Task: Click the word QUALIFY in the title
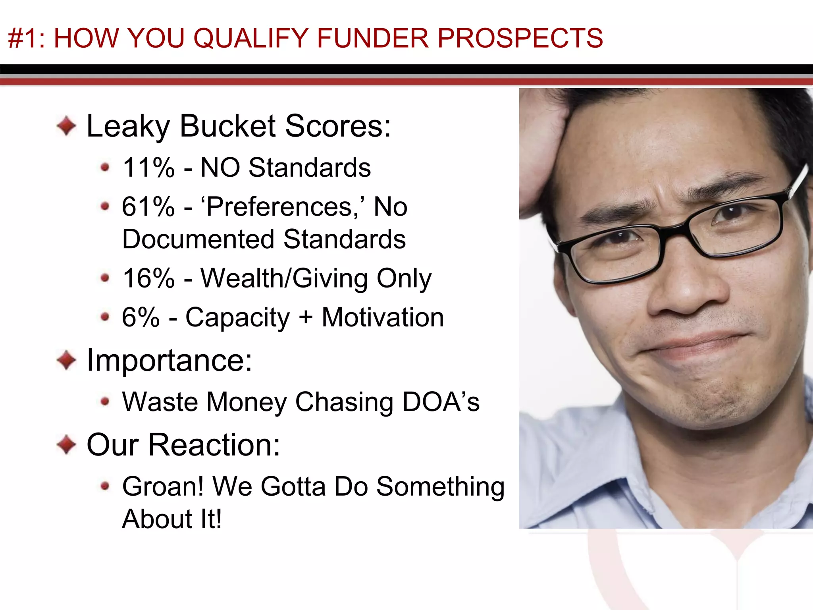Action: tap(251, 39)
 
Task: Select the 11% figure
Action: tap(148, 168)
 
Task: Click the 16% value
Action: tap(148, 278)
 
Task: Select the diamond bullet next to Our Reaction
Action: tap(66, 444)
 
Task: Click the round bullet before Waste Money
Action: tap(105, 402)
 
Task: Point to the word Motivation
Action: tap(383, 317)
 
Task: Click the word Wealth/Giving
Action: tap(284, 278)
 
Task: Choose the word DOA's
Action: tap(441, 402)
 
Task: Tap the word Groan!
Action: tap(163, 486)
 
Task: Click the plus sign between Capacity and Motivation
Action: tap(306, 318)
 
